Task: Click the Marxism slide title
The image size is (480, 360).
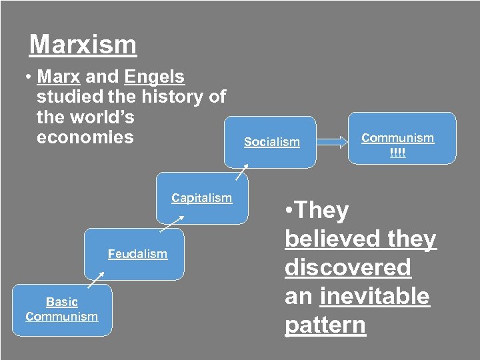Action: point(83,45)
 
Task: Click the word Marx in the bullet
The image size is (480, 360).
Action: point(59,77)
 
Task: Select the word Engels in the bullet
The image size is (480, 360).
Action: point(154,77)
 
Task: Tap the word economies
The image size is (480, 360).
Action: point(85,137)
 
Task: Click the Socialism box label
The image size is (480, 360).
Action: point(272,142)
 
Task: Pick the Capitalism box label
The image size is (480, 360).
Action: point(201,198)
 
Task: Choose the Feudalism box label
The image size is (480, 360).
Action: point(137,254)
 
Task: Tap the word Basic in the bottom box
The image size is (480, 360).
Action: point(62,302)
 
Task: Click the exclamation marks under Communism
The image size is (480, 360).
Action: point(397,153)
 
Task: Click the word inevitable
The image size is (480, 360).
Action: point(375,296)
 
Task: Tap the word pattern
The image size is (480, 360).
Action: point(325,325)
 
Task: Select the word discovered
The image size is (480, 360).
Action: point(348,267)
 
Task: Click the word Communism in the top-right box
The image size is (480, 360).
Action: point(397,138)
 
